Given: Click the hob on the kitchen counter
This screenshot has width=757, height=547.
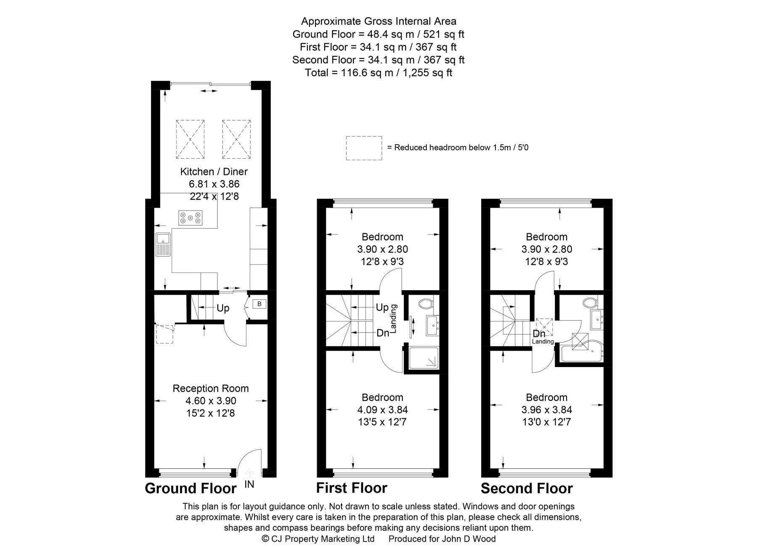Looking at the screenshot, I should [190, 217].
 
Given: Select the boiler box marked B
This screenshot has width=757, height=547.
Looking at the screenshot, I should [259, 304].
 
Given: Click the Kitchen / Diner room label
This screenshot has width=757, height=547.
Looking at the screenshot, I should [214, 172].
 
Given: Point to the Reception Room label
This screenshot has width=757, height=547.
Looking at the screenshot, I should [211, 388].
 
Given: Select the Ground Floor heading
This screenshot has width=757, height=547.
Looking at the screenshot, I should [191, 489].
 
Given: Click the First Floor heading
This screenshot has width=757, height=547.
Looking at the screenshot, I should [352, 488].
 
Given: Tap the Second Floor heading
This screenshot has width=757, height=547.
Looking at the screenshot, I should [527, 489].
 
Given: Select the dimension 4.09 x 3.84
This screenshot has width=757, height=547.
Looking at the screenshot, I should [382, 410].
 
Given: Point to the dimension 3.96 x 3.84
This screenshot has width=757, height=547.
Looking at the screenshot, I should [546, 410].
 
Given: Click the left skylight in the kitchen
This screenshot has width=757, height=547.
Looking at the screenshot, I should [191, 139].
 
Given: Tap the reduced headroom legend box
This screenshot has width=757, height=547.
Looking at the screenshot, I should [364, 148].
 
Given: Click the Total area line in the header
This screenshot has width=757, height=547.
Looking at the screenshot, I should [378, 73].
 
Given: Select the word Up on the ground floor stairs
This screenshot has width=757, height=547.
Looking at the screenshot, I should [223, 308].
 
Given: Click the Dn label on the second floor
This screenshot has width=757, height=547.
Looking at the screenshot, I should [539, 333].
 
